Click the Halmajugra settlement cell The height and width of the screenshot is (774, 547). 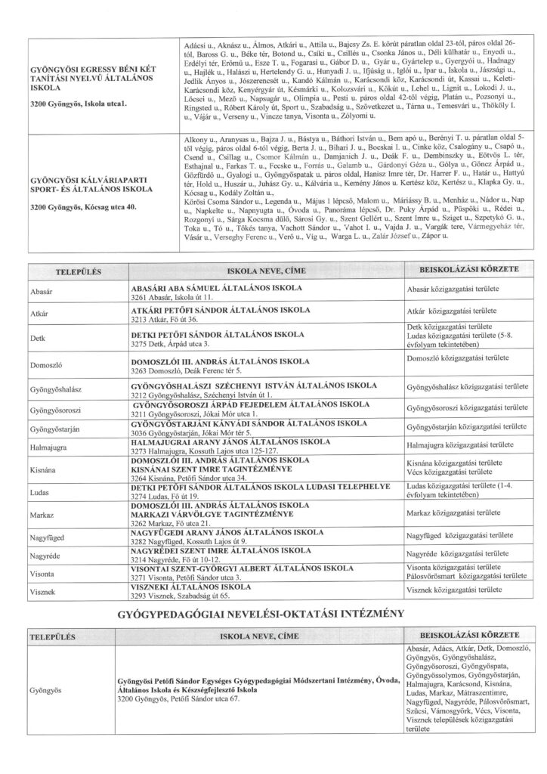pos(48,448)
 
